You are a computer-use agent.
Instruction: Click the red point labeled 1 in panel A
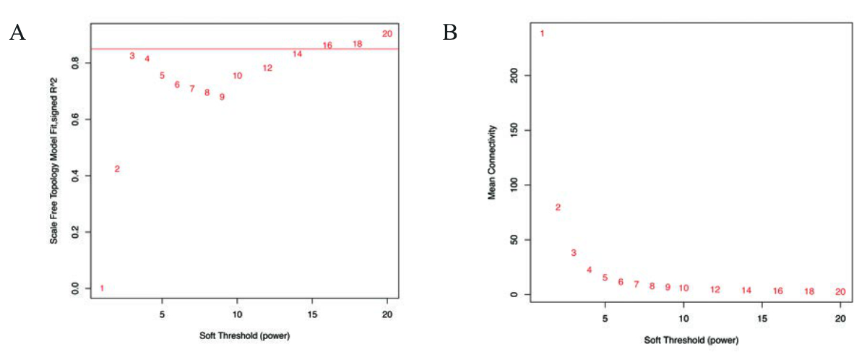(x=102, y=288)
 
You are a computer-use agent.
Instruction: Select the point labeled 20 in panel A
(x=387, y=33)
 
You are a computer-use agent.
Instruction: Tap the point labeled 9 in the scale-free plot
(x=222, y=97)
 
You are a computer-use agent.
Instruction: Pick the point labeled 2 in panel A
(x=117, y=169)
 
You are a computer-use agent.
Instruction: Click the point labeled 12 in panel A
(x=267, y=68)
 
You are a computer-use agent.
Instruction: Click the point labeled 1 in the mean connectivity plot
(x=542, y=33)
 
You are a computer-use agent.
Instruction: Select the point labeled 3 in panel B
(x=574, y=253)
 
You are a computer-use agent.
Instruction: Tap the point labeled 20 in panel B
(x=840, y=291)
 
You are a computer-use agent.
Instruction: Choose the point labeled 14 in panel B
(x=746, y=291)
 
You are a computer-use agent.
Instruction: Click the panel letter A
(x=17, y=33)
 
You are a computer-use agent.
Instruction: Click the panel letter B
(x=450, y=33)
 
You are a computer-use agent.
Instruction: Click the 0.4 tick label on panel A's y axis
(x=75, y=176)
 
